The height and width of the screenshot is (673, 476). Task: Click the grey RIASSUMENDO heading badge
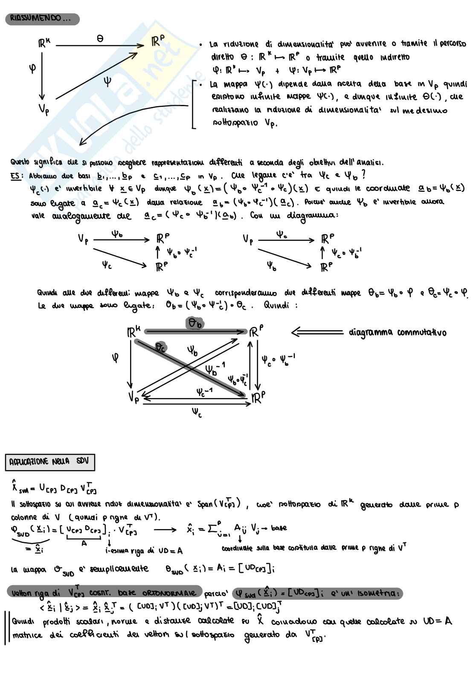click(42, 19)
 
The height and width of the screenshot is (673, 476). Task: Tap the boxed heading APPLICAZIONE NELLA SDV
click(50, 462)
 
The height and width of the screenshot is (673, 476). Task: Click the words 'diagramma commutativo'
click(397, 332)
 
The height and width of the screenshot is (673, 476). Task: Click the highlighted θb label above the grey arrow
click(195, 324)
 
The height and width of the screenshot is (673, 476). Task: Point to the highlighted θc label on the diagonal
click(160, 348)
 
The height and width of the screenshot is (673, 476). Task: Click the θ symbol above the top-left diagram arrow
click(100, 38)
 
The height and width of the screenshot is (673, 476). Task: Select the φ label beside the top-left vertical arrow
click(32, 68)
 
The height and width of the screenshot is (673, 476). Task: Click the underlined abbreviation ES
click(16, 176)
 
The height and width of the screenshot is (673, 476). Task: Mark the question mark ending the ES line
click(363, 175)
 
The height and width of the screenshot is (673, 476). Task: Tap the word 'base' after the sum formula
click(279, 528)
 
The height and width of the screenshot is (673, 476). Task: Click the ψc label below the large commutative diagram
click(197, 413)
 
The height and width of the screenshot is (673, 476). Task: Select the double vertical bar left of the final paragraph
click(6, 628)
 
